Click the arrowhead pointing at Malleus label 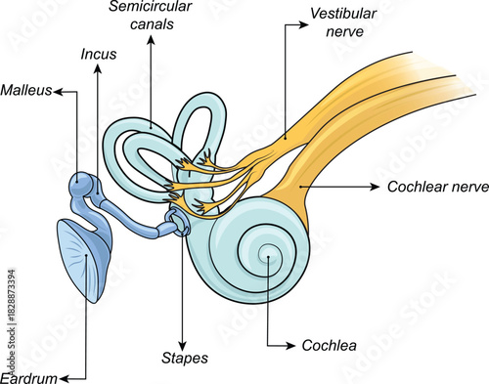(57, 91)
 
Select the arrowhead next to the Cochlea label (286, 344)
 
